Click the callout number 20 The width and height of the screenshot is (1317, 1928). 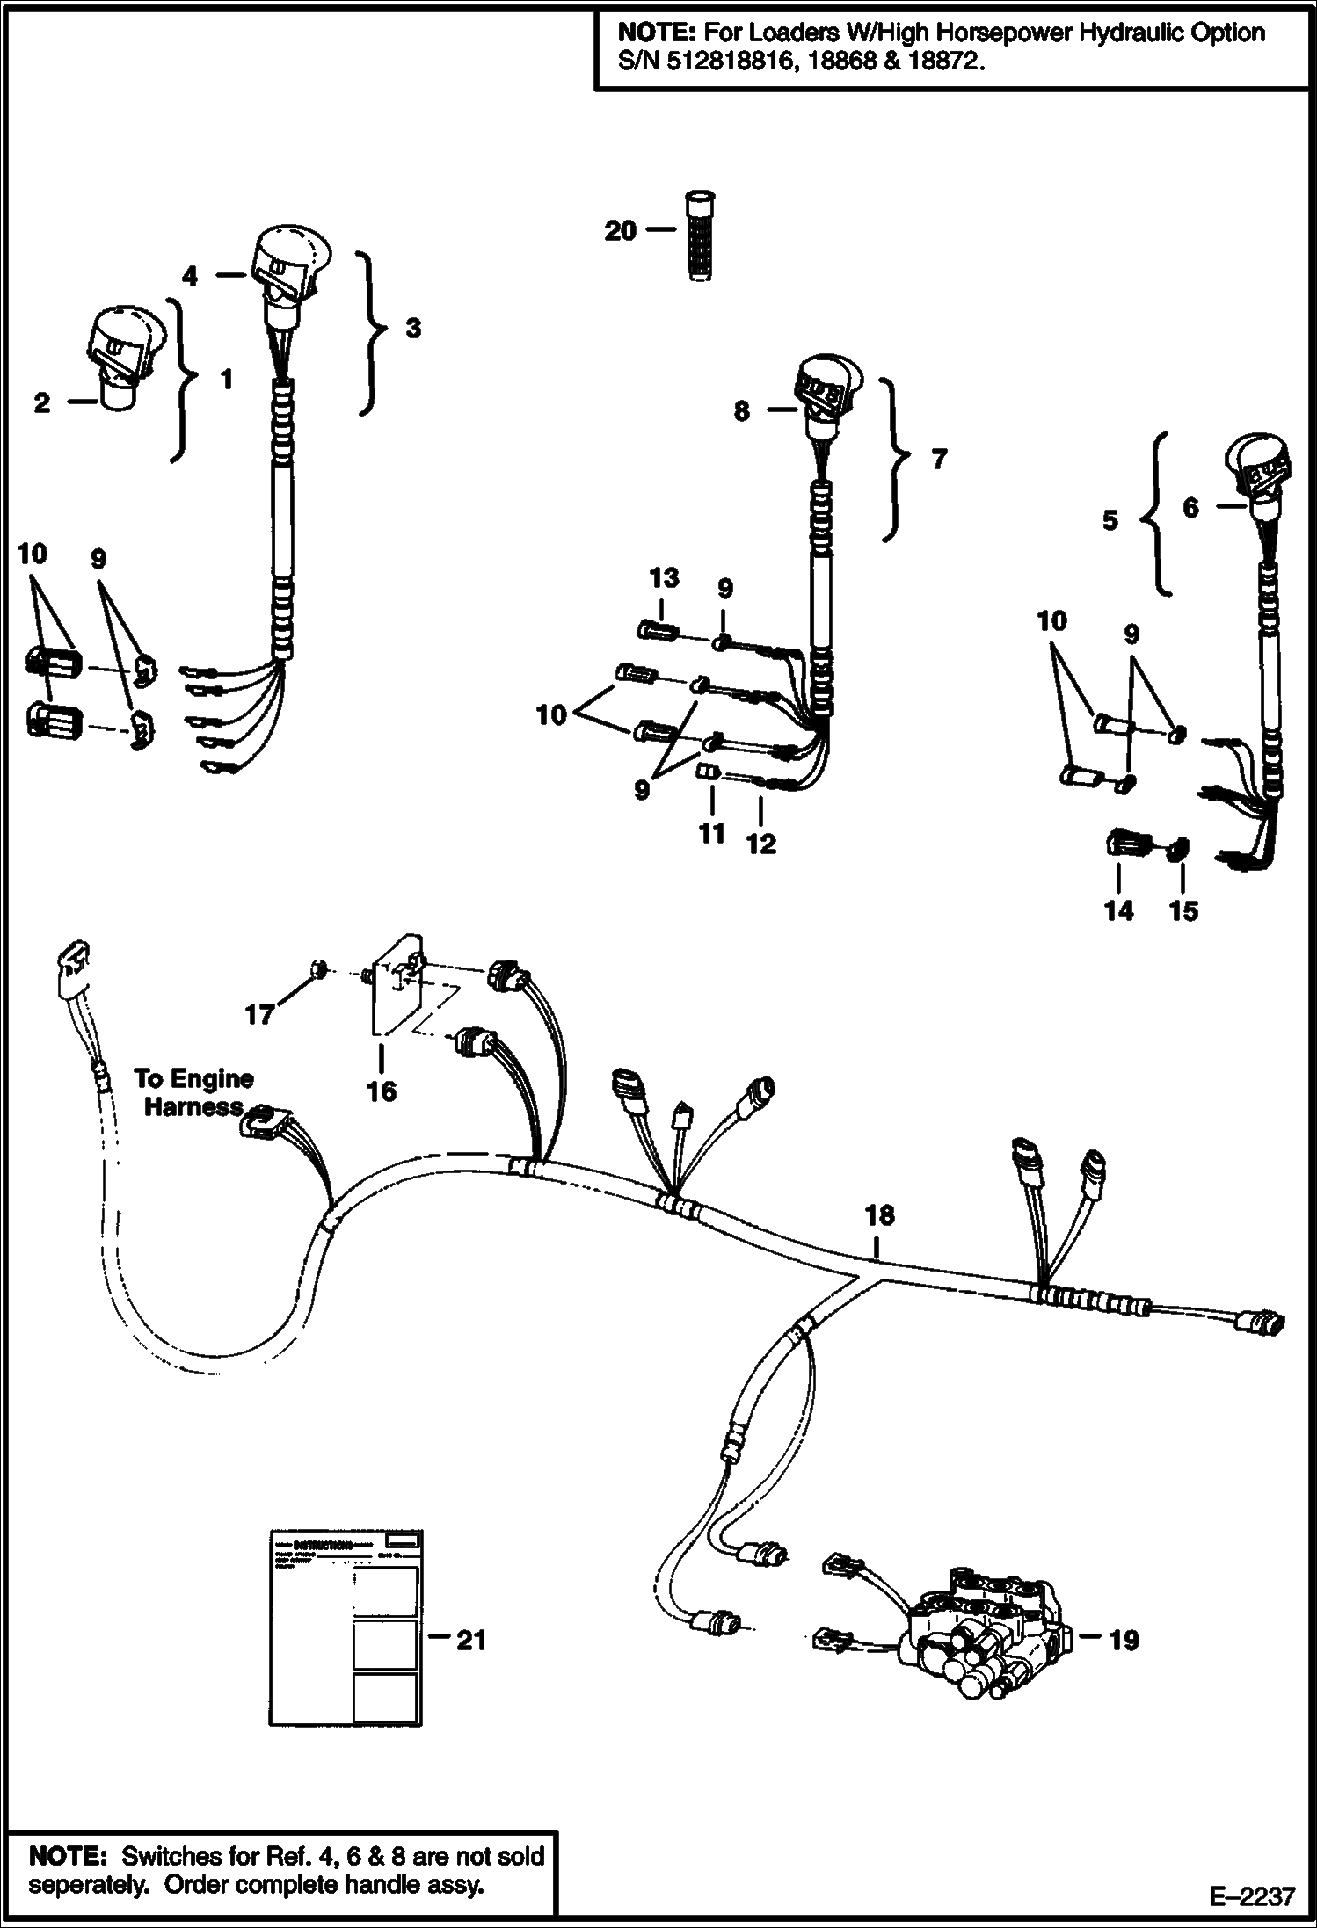click(x=620, y=231)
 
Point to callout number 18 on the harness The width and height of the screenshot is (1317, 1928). click(x=879, y=1215)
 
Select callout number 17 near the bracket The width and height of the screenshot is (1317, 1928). click(x=259, y=1015)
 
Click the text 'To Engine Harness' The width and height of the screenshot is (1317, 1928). click(x=193, y=1092)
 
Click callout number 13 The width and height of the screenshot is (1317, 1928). click(x=664, y=578)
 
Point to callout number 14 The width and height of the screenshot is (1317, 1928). click(x=1118, y=910)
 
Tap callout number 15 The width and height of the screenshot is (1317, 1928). click(x=1183, y=910)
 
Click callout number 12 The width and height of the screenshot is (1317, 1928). click(x=760, y=844)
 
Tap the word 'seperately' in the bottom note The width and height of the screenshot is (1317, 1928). click(x=90, y=1886)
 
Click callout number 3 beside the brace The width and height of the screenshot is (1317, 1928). click(x=412, y=329)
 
